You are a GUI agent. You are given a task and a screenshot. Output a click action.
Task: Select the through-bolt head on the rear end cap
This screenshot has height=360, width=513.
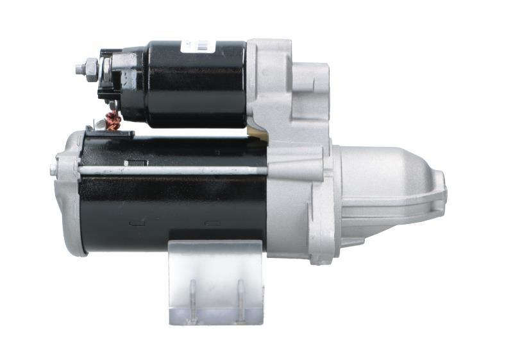coord(53,170)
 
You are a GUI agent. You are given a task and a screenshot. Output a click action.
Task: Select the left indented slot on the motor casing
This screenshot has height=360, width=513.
coord(136,223)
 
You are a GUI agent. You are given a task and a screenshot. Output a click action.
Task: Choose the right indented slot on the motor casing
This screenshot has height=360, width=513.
coord(212,223)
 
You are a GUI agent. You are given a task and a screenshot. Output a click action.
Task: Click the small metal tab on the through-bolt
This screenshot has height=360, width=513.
coord(135,163)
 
